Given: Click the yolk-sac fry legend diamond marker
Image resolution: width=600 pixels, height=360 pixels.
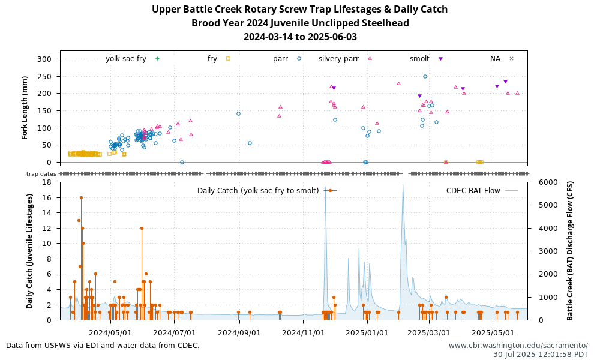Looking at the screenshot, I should coord(157,59).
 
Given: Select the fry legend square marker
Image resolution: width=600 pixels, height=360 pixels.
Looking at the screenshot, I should coord(228,59).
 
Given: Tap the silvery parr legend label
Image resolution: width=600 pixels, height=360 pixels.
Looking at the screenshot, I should coord(338,59).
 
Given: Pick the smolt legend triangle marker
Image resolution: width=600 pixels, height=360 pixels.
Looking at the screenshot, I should coord(440,59).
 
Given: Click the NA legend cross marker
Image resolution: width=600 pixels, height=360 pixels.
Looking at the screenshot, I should coord(511,59).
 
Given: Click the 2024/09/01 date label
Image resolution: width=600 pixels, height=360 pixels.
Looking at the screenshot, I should coord(238,332).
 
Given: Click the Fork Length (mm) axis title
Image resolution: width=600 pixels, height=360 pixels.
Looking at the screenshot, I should coord(25,108).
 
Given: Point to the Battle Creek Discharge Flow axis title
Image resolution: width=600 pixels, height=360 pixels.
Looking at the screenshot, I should coord(571,251).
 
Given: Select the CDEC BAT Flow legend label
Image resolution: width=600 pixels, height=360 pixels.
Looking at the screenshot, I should coord(473,191).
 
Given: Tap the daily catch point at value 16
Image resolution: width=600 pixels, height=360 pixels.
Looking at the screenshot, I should coord(81,197).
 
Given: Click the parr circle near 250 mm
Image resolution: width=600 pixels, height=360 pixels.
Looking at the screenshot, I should coord(425,76).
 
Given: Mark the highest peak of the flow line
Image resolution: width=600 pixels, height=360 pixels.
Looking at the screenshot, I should coord(403,185).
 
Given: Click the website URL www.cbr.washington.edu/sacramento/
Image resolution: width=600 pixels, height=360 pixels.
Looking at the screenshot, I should coord(518,346).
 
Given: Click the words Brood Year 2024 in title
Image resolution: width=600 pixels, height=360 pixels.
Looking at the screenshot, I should coord(227,23).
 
